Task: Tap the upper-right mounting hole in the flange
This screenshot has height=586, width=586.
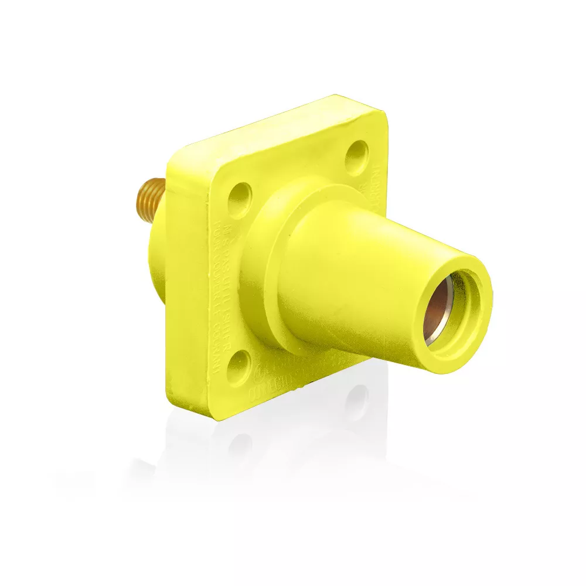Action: point(356,154)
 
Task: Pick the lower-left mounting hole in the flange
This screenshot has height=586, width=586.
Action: point(239,367)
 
